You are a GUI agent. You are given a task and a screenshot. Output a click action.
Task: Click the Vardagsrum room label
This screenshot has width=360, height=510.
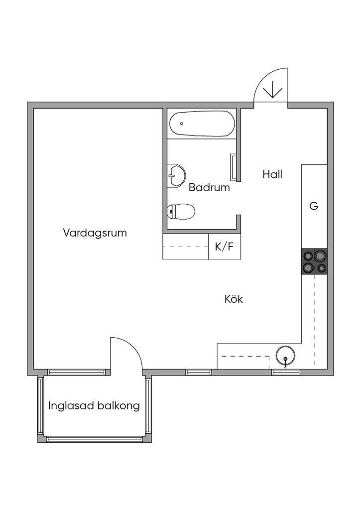(95, 233)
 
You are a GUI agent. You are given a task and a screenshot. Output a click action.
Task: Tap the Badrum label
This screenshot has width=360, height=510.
(209, 188)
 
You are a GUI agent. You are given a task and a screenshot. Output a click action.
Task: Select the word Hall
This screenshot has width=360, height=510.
(272, 174)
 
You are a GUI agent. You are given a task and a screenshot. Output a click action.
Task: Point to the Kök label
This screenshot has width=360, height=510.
(233, 299)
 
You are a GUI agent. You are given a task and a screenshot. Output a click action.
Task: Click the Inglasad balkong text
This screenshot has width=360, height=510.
(94, 405)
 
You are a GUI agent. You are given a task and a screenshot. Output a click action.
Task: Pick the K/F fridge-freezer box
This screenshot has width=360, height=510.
(224, 247)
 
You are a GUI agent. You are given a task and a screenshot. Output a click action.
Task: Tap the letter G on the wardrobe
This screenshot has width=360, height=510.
(314, 206)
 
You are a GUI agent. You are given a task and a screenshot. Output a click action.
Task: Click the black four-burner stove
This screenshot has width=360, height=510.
(314, 261)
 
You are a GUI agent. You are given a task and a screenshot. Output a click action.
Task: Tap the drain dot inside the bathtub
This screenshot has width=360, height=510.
(182, 123)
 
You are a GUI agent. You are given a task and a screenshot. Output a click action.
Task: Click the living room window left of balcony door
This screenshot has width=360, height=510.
(77, 372)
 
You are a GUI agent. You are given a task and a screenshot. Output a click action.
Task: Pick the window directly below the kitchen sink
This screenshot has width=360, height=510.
(286, 372)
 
